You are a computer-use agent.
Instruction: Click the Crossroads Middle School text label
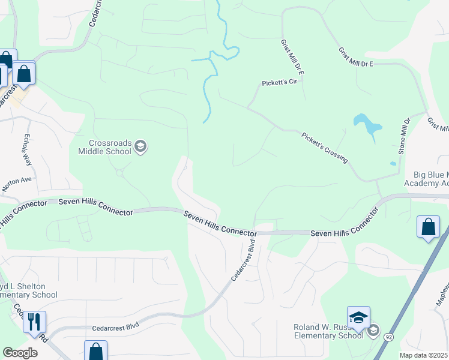tap(104, 147)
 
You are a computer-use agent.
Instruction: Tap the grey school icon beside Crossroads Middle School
tap(140, 146)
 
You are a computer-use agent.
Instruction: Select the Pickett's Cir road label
tap(280, 83)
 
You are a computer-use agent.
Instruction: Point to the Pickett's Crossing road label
tap(324, 148)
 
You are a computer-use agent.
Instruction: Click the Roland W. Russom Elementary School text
tap(328, 331)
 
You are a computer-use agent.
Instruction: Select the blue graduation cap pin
tap(358, 318)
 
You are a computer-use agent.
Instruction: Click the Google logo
tap(20, 353)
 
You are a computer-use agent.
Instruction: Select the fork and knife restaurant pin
tap(34, 322)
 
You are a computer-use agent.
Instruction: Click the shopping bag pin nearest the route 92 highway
tap(428, 227)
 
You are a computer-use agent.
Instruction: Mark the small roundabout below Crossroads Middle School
tap(119, 173)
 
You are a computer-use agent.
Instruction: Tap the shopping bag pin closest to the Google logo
tap(95, 352)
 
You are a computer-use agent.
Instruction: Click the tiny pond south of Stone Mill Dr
tap(393, 163)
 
